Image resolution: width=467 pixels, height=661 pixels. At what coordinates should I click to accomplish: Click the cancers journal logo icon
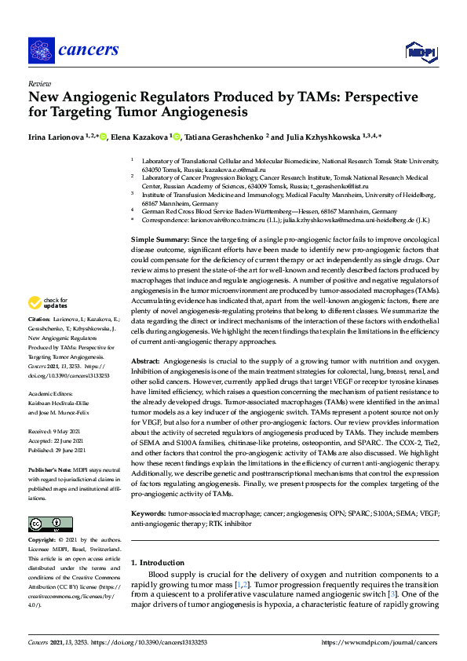[40, 51]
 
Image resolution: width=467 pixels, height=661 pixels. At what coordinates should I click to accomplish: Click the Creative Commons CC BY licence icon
[50, 524]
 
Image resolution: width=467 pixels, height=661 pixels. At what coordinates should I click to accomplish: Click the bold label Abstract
[144, 360]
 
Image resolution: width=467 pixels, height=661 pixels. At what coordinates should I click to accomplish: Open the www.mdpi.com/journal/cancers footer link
[380, 642]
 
